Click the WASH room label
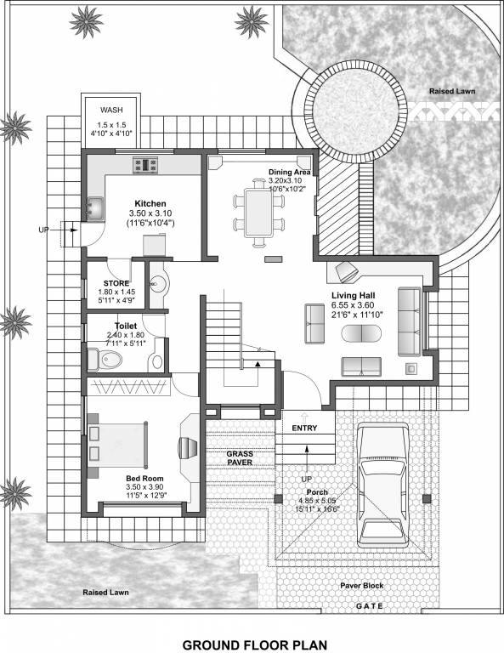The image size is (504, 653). click(x=112, y=111)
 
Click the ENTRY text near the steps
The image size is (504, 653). click(x=304, y=428)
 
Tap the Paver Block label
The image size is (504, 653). click(x=362, y=586)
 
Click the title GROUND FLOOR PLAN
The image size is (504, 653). click(x=254, y=644)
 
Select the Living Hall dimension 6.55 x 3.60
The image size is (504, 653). click(x=357, y=305)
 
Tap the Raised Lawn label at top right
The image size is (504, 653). click(x=452, y=91)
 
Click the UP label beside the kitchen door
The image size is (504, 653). click(x=43, y=230)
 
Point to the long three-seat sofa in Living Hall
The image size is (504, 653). click(x=409, y=321)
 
